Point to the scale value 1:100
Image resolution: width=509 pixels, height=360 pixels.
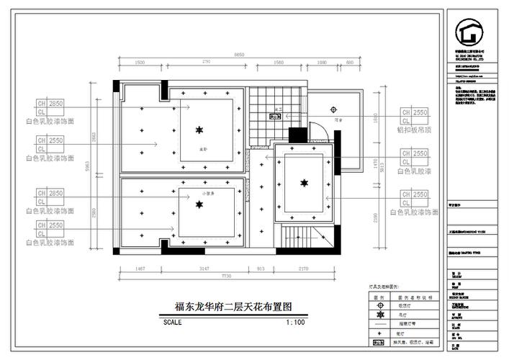pyautogui.click(x=295, y=322)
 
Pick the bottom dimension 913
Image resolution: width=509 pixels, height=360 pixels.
pyautogui.click(x=261, y=269)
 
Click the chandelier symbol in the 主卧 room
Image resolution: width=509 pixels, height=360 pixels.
pyautogui.click(x=199, y=130)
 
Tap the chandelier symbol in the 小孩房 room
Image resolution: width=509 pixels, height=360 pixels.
pyautogui.click(x=199, y=204)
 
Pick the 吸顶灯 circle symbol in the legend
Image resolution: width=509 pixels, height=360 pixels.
pyautogui.click(x=377, y=305)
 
